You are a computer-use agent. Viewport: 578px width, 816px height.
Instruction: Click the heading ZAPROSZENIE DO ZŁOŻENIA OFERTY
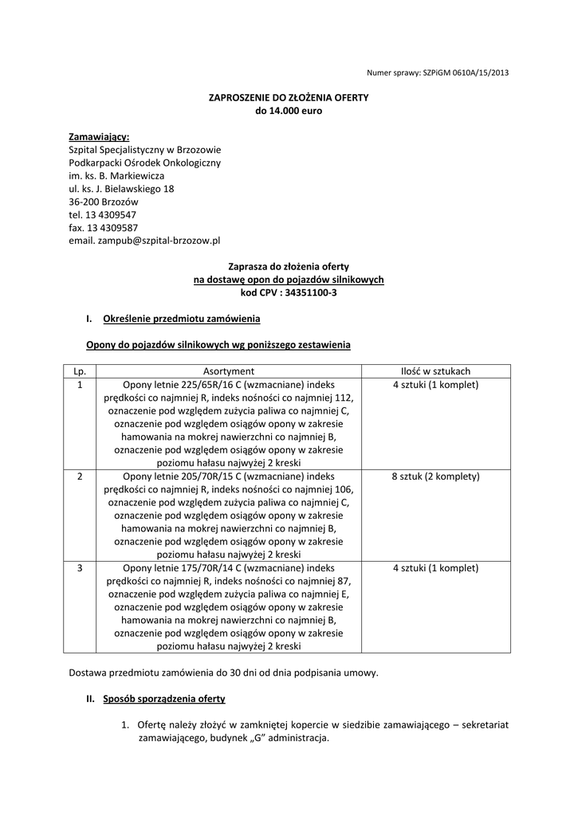click(288, 97)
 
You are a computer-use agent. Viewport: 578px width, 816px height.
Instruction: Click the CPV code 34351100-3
click(307, 292)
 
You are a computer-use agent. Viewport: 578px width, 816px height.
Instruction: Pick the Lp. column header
click(80, 371)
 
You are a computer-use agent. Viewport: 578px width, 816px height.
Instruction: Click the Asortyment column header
click(228, 371)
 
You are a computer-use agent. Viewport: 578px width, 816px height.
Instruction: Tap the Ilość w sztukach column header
click(435, 371)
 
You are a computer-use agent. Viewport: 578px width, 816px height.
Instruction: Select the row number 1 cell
click(80, 385)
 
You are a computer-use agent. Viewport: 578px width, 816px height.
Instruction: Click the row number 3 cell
click(80, 568)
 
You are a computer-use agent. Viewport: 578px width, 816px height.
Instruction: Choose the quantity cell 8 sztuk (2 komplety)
click(435, 477)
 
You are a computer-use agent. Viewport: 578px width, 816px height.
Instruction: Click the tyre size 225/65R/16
click(210, 385)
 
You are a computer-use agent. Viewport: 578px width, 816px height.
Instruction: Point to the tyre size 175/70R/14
click(210, 568)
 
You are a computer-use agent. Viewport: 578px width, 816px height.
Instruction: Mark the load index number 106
click(345, 489)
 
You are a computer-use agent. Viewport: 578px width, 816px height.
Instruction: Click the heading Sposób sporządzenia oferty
click(163, 699)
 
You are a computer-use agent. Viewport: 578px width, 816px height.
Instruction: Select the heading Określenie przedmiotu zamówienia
click(181, 319)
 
